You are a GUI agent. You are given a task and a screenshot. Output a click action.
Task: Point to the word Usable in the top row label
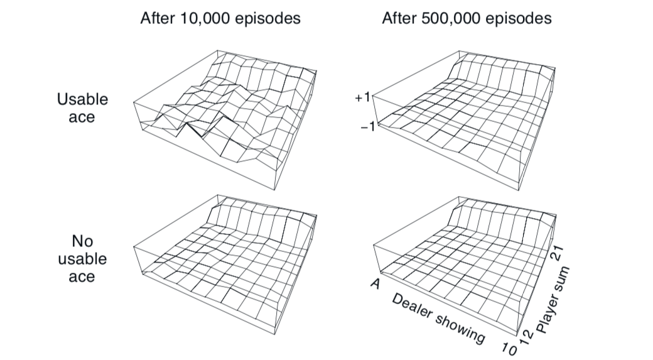[82, 99]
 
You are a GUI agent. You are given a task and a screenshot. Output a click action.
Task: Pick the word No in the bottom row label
[82, 241]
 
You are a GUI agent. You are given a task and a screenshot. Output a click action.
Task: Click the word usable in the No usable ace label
[82, 258]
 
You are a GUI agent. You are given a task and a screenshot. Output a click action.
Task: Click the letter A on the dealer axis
[375, 284]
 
